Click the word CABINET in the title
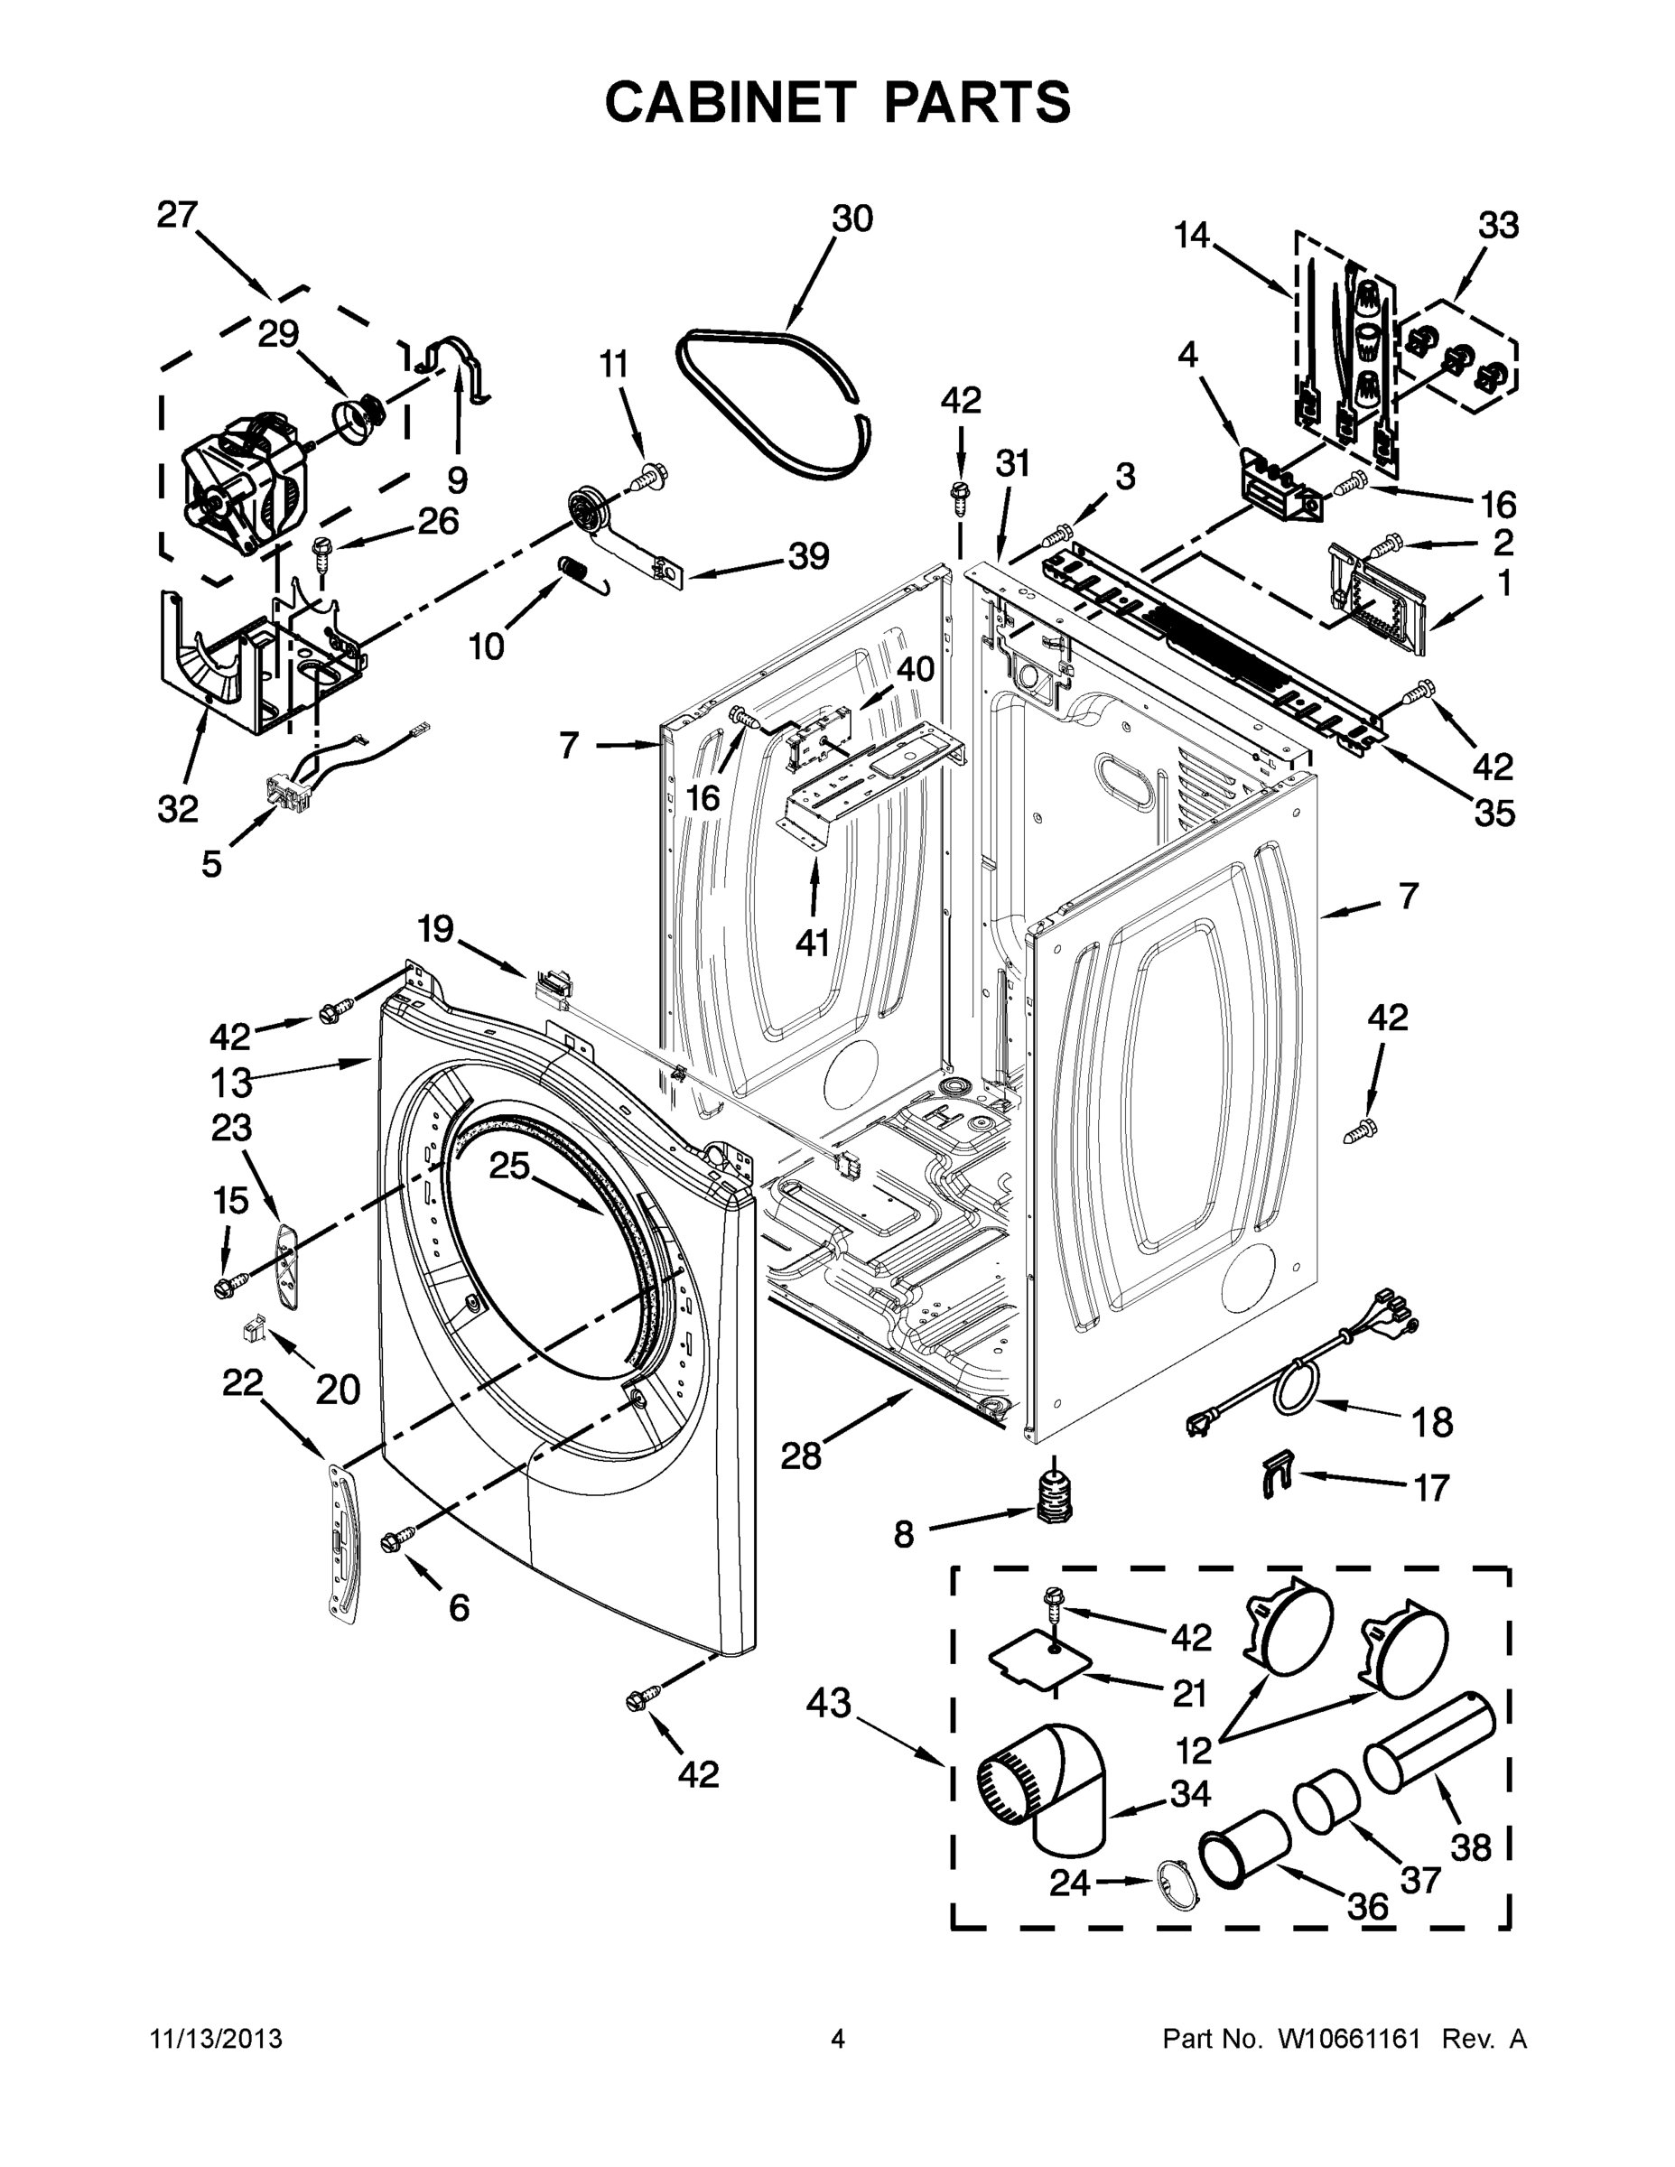(x=730, y=102)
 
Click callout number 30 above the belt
(x=851, y=219)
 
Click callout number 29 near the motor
(x=278, y=334)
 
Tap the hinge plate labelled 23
(x=288, y=1265)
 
